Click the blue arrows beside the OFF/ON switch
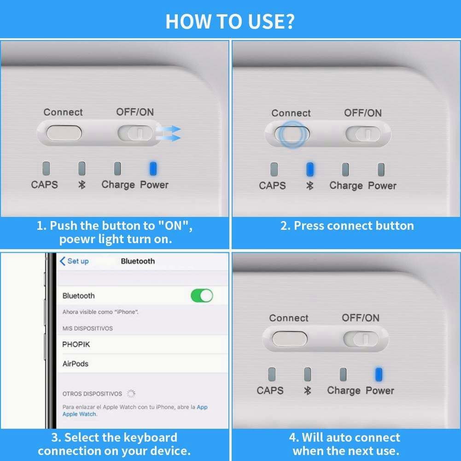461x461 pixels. pos(168,134)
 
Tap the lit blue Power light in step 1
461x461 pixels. pos(153,169)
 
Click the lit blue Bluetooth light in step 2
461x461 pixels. pos(309,169)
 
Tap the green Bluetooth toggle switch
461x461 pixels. pos(202,296)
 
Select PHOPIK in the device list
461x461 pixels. pos(76,344)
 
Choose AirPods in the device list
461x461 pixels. pos(75,364)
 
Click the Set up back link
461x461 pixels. pos(74,261)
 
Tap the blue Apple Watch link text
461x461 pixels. pos(79,414)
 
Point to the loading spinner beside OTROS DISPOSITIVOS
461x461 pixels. pos(131,393)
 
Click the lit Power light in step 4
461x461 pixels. pos(379,374)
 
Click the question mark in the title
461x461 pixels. pos(289,22)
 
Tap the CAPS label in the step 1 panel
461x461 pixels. pos(44,185)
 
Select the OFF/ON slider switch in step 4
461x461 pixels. pos(361,339)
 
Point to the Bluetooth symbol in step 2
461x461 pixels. pos(309,186)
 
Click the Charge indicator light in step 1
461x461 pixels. pos(117,169)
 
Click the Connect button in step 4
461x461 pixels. pos(290,339)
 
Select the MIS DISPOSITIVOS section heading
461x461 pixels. pos(88,328)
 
